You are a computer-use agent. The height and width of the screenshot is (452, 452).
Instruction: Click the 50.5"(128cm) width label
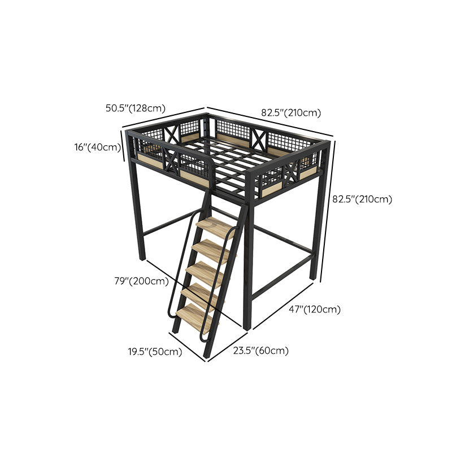tap(136, 108)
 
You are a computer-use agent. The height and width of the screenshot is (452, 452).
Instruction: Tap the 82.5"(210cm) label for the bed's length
tap(291, 112)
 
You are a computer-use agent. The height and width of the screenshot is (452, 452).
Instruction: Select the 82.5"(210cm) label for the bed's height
tap(362, 199)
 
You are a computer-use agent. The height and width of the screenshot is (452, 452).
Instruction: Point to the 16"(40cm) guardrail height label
tap(97, 147)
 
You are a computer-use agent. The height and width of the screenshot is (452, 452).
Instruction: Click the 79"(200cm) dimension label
tap(141, 281)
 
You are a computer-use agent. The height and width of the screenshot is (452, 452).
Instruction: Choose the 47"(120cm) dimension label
tap(315, 309)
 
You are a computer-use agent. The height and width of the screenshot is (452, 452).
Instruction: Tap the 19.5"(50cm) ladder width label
tap(155, 351)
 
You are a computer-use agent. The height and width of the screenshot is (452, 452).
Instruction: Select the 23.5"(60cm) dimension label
tap(261, 351)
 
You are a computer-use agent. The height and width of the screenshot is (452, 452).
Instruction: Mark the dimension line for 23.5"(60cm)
tap(228, 346)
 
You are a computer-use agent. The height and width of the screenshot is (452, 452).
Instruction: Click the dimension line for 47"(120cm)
tap(283, 306)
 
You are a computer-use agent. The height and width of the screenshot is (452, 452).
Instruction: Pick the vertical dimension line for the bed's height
tap(328, 212)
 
